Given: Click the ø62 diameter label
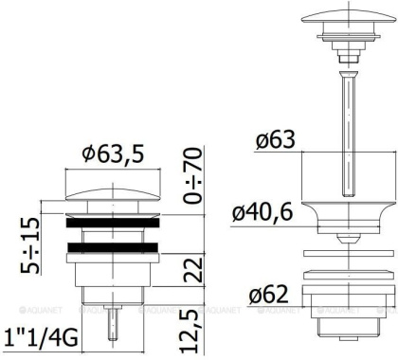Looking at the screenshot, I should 270,295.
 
